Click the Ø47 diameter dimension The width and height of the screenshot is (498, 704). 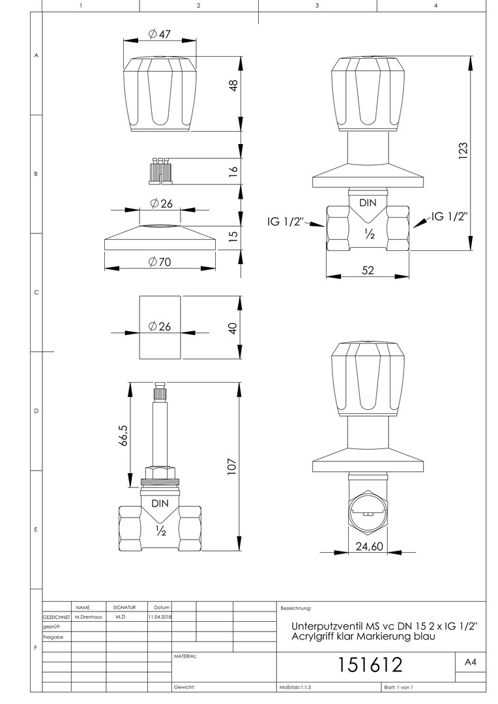click(160, 34)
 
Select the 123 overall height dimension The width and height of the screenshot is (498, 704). click(464, 148)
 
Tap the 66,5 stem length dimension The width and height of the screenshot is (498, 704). click(124, 435)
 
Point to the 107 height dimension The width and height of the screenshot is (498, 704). click(231, 467)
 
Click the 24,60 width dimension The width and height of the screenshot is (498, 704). click(369, 546)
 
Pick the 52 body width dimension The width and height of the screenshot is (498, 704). click(368, 270)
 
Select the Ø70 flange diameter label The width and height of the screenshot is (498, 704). click(160, 262)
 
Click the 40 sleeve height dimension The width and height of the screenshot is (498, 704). click(233, 328)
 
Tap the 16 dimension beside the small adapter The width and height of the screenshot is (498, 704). click(233, 171)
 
